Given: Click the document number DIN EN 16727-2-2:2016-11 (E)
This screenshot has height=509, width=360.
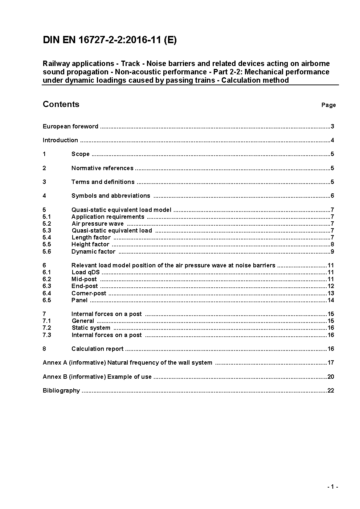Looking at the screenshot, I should (110, 40).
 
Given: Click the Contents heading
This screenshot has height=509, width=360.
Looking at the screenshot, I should (61, 104).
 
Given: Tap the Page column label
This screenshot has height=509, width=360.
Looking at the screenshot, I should (328, 105).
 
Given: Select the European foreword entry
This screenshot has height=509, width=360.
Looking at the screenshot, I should (70, 127).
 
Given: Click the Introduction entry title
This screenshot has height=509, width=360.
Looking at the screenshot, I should (60, 140).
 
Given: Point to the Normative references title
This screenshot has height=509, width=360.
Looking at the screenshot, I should (102, 168).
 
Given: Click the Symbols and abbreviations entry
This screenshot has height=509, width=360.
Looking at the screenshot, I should (111, 196).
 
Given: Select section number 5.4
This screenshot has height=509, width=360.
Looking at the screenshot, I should (47, 238).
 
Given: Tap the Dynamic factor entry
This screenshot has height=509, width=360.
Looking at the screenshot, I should (93, 252).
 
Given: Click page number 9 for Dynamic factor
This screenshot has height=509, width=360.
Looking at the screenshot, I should (332, 252).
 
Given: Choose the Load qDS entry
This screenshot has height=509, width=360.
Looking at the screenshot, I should (85, 272).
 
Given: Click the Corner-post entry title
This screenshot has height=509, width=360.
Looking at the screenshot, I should (89, 294).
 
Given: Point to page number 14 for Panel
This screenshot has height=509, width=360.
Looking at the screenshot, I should (331, 300).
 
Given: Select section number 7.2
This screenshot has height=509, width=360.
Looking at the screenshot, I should (47, 328).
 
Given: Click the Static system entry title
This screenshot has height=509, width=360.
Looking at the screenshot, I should (91, 328).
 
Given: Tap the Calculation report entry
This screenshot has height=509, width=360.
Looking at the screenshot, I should (97, 349).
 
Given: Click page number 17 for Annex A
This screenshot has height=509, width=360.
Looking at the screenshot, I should (331, 363).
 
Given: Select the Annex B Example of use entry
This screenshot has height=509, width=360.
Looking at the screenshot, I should (97, 377).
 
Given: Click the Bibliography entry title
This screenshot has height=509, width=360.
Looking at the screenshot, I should (61, 391).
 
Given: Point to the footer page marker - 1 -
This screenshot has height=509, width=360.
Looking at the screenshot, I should (332, 487).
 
